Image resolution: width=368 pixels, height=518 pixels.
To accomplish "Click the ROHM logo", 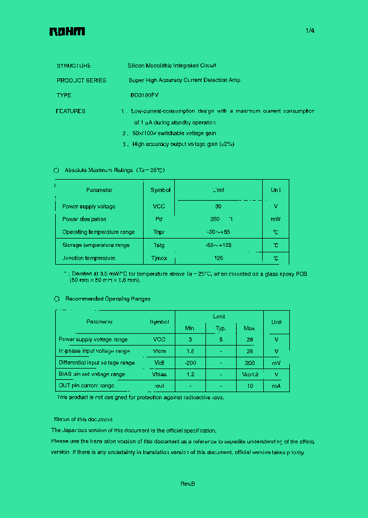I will tap(67, 32).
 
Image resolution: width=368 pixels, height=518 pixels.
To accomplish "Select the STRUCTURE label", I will tap(74, 66).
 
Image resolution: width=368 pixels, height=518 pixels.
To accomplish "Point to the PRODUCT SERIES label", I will tap(81, 80).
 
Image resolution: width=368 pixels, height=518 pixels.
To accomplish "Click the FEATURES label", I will tap(71, 111).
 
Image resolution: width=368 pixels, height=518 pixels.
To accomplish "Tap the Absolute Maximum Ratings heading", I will tap(114, 170).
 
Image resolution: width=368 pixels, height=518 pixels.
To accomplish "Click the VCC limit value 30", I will tap(218, 206).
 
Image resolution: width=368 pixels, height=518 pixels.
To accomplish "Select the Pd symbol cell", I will tap(158, 219).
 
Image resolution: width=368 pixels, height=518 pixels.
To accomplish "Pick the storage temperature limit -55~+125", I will tap(218, 245).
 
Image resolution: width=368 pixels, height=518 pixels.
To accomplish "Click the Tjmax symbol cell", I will tap(158, 258).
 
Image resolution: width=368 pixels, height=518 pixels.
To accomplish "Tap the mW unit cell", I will tap(275, 219).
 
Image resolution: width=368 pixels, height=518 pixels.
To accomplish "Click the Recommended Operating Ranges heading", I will tap(108, 298).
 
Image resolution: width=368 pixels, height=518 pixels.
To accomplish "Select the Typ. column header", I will tap(220, 328).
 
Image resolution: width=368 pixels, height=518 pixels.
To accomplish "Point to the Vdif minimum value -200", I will tap(190, 362).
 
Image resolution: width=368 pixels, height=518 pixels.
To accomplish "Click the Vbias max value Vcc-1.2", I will tap(249, 374).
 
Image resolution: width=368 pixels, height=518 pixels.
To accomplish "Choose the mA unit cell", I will tap(276, 386).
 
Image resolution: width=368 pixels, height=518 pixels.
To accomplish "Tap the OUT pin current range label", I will tap(86, 386).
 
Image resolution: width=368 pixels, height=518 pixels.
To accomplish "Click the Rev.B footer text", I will tap(188, 484).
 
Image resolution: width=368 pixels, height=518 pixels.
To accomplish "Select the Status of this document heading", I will tap(83, 419).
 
